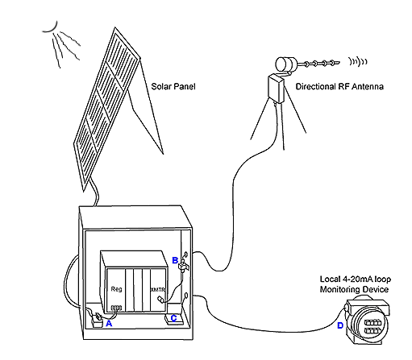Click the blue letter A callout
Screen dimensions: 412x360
tap(109, 324)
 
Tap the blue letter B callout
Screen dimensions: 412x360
tap(175, 260)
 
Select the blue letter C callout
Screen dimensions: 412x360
tap(174, 318)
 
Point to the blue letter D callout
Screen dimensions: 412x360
tap(340, 325)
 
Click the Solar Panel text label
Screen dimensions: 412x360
tap(173, 86)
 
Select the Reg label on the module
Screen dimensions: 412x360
tap(116, 289)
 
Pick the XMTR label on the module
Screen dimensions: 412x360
tap(158, 290)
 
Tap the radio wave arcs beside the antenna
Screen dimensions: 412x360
tap(358, 61)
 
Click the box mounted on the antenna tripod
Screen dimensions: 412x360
tap(277, 89)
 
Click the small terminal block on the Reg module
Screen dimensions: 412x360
tap(116, 308)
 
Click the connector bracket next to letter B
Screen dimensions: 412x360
tap(184, 267)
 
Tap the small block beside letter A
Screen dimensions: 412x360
tap(97, 322)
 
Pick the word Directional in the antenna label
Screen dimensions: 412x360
tap(315, 86)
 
